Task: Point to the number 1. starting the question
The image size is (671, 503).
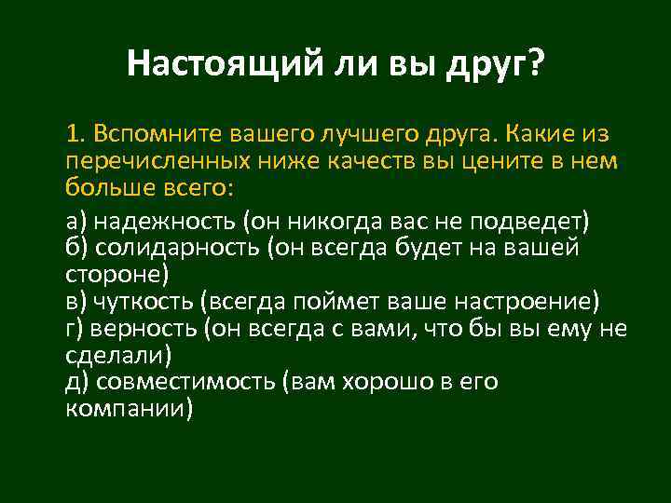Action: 75,133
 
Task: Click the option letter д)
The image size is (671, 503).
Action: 78,383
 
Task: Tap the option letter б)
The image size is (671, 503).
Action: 78,249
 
